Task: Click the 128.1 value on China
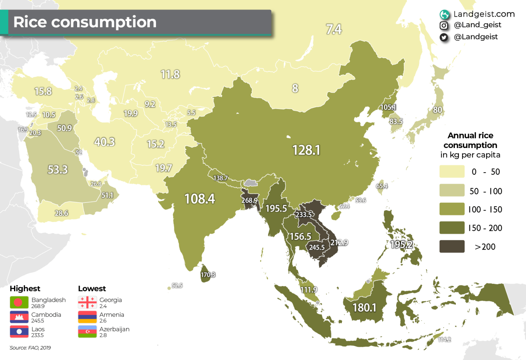tap(307, 150)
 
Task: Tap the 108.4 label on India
tap(199, 199)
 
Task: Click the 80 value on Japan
tap(437, 109)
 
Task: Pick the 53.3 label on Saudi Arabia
tap(57, 169)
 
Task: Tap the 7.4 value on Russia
tap(334, 29)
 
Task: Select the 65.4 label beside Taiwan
tap(382, 186)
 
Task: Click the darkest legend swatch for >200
tap(452, 247)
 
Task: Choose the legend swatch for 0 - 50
tap(452, 172)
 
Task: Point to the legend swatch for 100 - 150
tap(452, 209)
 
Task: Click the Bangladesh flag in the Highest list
tap(19, 302)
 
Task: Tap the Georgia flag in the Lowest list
tap(87, 302)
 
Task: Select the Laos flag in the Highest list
tap(19, 332)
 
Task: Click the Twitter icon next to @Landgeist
tap(444, 37)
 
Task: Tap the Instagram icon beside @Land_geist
tap(444, 25)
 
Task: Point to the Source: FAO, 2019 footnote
tap(33, 348)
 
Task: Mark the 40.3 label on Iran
tap(104, 142)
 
